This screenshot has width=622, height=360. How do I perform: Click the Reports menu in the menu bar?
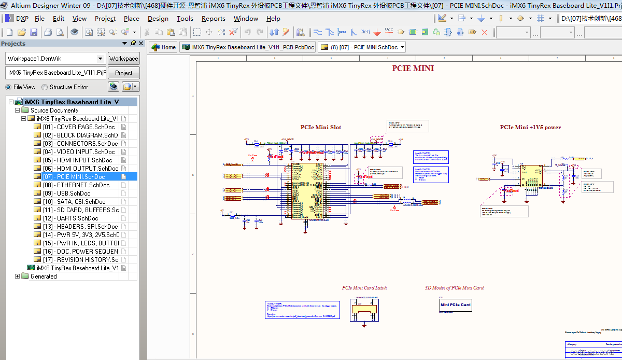pos(213,19)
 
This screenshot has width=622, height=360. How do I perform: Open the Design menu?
pos(158,19)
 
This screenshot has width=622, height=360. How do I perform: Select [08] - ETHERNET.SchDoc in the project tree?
pos(83,185)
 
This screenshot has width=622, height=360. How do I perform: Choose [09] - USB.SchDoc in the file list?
pos(74,193)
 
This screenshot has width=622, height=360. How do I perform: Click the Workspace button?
pos(123,59)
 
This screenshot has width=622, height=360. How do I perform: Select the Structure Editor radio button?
pos(45,87)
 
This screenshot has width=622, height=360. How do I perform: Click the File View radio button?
pos(8,87)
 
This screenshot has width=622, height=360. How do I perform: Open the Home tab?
pos(163,47)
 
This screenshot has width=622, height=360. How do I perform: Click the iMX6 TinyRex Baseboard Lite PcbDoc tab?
pos(248,47)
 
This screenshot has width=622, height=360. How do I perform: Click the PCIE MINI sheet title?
pos(413,68)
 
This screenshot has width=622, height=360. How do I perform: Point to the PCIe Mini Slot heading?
pos(321,127)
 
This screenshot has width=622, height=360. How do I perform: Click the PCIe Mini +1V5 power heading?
pos(530,127)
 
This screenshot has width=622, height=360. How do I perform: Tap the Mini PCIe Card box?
pos(456,305)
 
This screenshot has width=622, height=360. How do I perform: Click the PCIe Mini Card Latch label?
pos(364,288)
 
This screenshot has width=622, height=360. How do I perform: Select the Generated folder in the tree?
pos(44,276)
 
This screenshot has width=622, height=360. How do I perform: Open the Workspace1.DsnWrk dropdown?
pos(100,59)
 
